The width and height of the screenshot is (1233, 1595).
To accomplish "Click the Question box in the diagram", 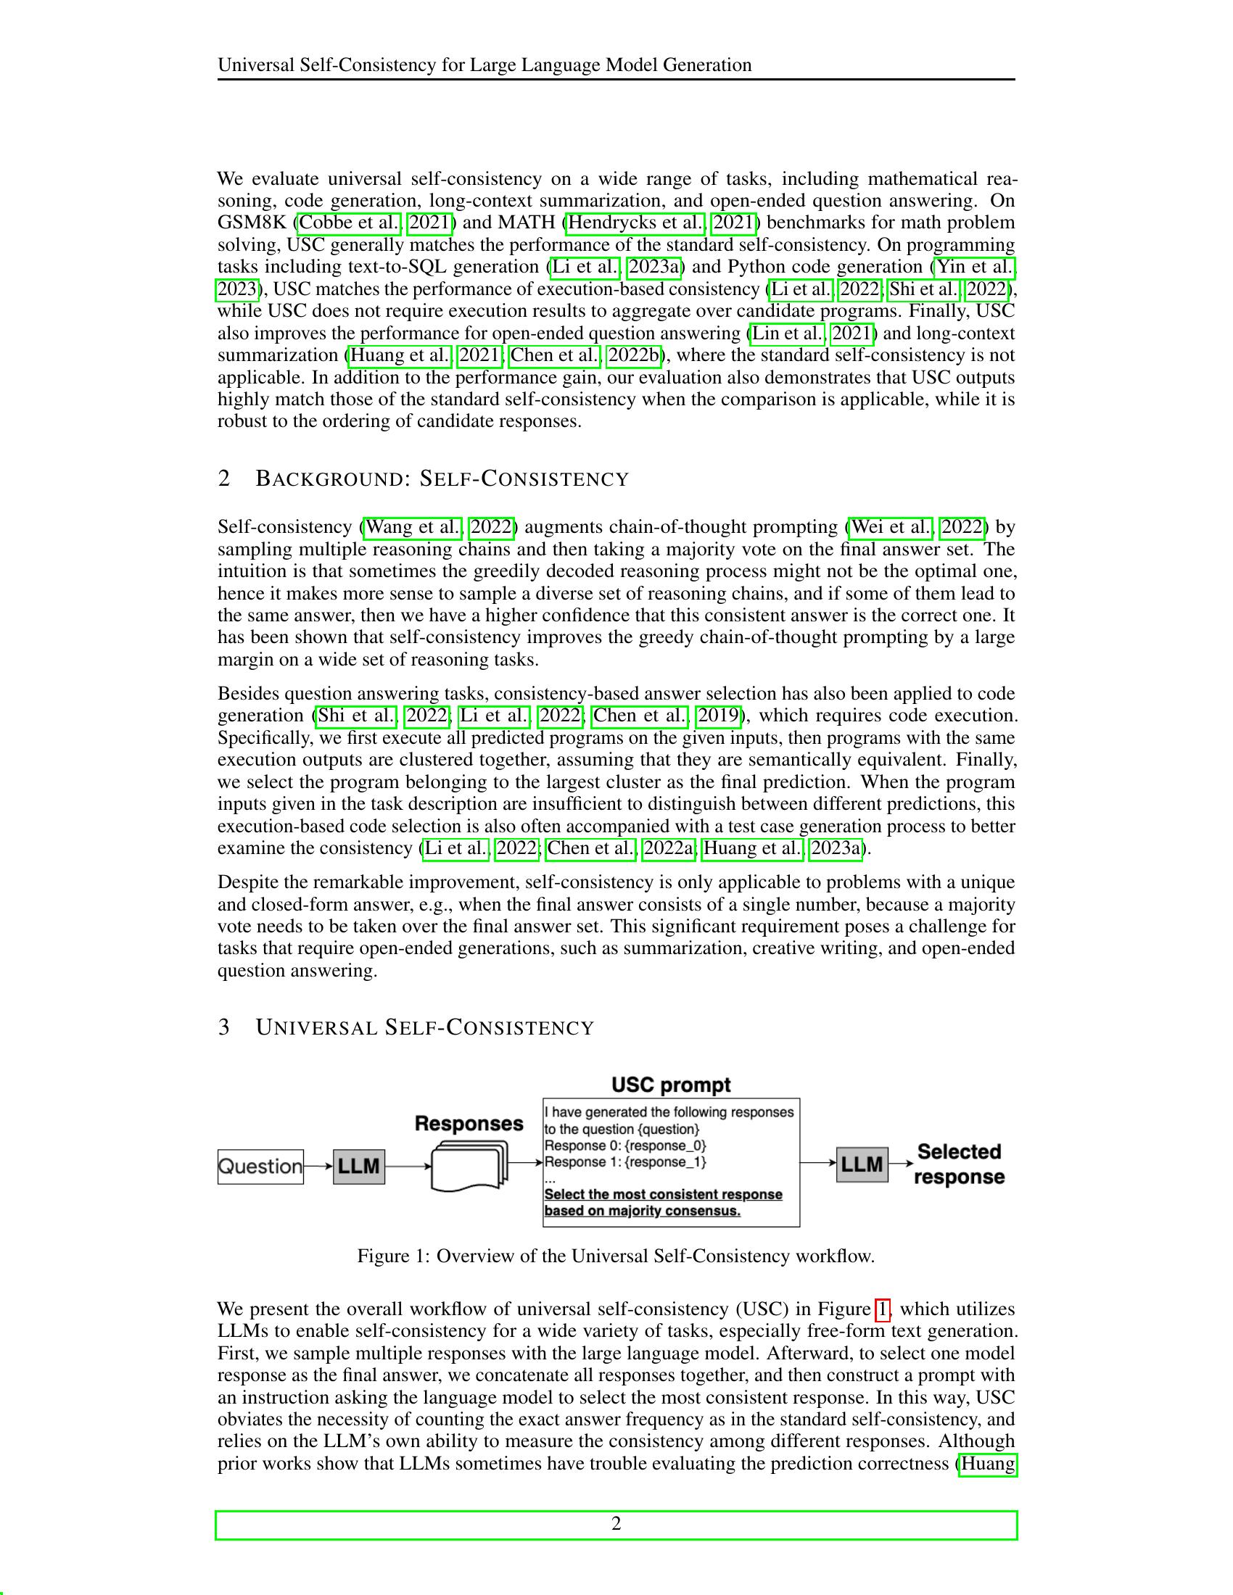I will pos(260,1167).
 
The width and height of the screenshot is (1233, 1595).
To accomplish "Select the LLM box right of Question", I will pos(358,1166).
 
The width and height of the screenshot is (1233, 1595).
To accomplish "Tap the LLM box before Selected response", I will pos(862,1164).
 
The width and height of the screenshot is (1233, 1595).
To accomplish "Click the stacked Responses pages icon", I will pos(469,1167).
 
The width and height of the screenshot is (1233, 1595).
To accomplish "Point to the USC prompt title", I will pos(671,1085).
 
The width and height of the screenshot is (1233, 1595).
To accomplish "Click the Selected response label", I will pos(958,1164).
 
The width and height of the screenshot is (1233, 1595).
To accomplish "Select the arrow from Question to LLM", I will pos(318,1167).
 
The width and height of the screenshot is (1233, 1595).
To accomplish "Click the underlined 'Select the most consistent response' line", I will pos(663,1194).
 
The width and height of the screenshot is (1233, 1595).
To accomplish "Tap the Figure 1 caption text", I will pos(616,1256).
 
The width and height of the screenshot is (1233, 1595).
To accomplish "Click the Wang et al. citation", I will pos(413,526).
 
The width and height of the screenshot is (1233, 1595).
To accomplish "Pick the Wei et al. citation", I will pos(891,526).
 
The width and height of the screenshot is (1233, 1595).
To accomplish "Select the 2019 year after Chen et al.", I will pos(718,715).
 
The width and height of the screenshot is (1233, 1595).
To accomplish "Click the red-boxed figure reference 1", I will pos(882,1309).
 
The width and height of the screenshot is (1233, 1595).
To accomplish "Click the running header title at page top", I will pos(484,65).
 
